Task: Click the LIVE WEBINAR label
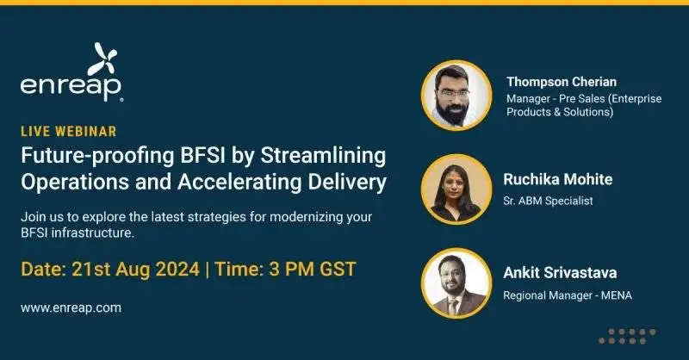[69, 132]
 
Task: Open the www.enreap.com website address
[71, 307]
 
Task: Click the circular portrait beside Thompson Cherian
[456, 95]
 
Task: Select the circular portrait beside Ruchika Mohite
[456, 189]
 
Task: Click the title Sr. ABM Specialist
[549, 202]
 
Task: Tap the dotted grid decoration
[627, 336]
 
